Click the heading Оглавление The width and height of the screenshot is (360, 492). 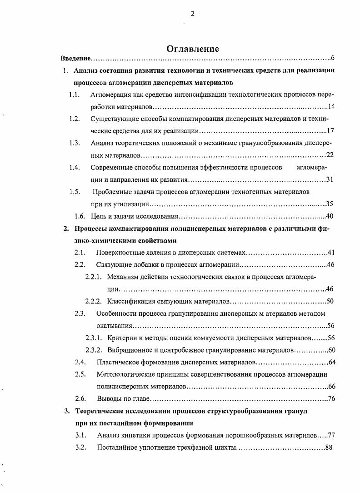192,49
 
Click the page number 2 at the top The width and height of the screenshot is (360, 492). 192,14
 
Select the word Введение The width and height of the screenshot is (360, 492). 76,59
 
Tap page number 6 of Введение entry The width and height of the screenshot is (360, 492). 333,59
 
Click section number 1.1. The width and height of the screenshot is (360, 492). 75,94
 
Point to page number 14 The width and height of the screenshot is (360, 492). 331,107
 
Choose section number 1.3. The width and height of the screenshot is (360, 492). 75,143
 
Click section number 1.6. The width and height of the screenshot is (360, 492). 80,216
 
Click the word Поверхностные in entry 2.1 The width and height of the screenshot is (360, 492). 119,252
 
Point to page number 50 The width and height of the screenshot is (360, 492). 330,301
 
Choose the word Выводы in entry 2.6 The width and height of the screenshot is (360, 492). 109,399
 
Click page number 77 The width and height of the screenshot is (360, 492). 330,435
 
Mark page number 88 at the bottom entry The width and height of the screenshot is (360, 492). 329,447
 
